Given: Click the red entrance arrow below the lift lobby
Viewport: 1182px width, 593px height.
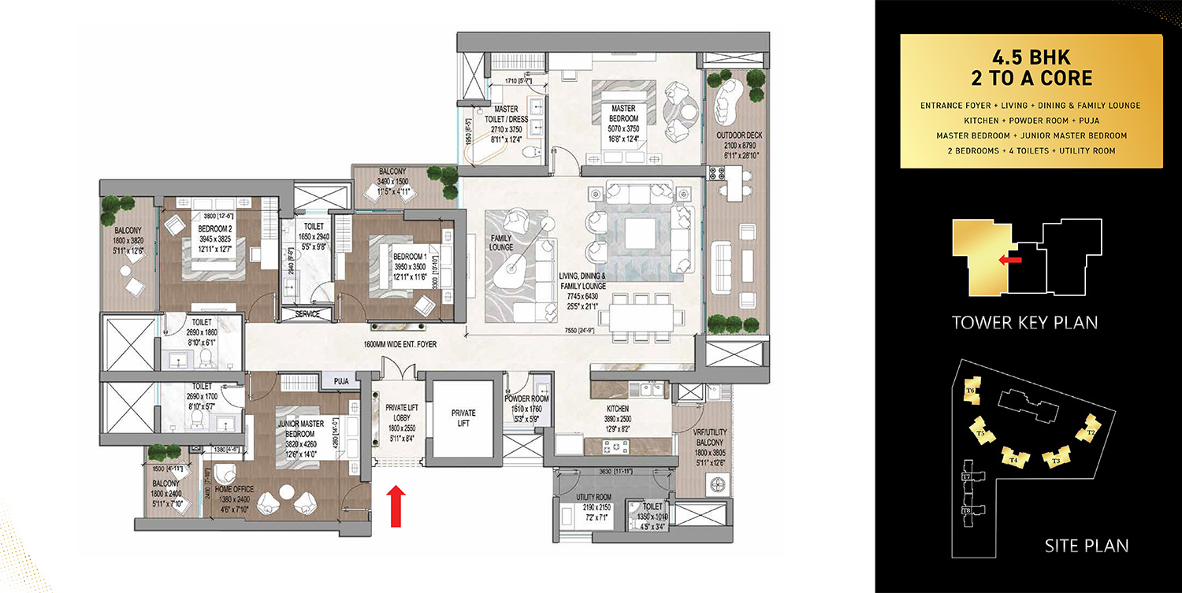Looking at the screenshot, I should point(396,504).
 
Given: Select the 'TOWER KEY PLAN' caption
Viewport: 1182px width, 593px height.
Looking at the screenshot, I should point(1024,322).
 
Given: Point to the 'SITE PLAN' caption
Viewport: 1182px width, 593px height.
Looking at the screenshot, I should point(1086,545).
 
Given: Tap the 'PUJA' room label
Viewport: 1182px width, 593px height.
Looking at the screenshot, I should point(341,382).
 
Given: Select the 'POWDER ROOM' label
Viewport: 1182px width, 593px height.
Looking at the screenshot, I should point(528,398).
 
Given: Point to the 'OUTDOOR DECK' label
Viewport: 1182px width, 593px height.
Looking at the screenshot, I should point(740,135).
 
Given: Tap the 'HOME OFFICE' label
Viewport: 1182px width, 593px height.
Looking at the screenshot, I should point(233,489).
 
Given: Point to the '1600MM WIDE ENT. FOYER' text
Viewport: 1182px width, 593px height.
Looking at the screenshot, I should point(400,344).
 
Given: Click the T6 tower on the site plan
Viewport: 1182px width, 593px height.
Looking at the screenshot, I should point(971,391).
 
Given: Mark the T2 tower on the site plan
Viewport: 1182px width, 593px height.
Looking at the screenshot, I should point(1091,432).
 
